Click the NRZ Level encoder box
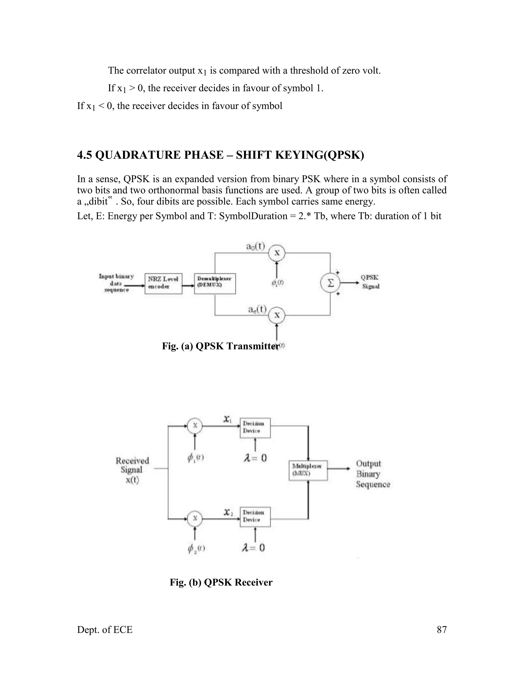(x=163, y=283)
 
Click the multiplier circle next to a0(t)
(x=277, y=253)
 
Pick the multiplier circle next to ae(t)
(x=277, y=315)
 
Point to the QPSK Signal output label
(x=370, y=282)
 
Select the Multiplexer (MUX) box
(x=308, y=470)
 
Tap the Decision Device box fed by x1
(x=255, y=428)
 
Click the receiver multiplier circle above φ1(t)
(x=195, y=426)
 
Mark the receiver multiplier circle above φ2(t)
(x=195, y=518)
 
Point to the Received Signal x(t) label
(x=132, y=470)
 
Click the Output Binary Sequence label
(x=373, y=474)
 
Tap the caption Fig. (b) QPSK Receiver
(x=221, y=582)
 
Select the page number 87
(x=441, y=630)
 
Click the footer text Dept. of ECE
(x=105, y=630)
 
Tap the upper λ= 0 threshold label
(x=255, y=458)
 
